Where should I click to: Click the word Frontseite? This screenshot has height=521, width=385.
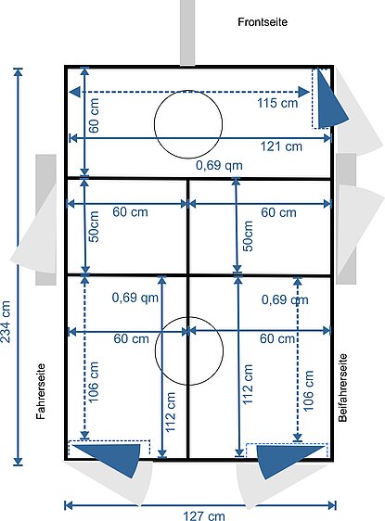[263, 22]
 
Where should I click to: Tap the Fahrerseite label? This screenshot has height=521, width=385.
[41, 391]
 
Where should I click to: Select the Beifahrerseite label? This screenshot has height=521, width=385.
[342, 388]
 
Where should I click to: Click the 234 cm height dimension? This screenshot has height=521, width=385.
[6, 322]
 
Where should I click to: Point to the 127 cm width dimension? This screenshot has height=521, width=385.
[204, 515]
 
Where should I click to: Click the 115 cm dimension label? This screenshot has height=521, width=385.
[277, 103]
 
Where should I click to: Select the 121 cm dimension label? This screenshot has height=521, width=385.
[281, 146]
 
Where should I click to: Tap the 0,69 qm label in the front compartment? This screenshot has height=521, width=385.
[219, 165]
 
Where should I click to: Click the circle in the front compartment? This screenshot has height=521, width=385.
[188, 90]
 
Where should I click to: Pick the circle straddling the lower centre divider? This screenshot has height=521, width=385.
[189, 317]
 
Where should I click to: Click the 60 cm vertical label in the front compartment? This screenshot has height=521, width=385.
[94, 115]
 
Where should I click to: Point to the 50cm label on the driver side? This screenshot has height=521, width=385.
[94, 226]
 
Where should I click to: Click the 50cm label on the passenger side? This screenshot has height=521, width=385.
[248, 235]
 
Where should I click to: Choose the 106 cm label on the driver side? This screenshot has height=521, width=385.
[94, 381]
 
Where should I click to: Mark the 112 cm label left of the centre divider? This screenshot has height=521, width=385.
[170, 412]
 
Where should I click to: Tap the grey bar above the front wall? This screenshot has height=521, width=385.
[187, 32]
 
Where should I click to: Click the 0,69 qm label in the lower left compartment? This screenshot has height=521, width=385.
[135, 298]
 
